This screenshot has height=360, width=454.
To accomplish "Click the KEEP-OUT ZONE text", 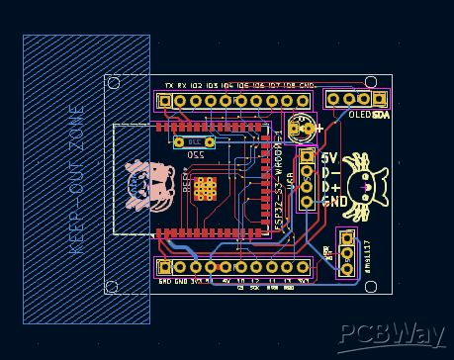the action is [x=75, y=179].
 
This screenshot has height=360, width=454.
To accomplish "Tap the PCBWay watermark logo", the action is [x=390, y=335].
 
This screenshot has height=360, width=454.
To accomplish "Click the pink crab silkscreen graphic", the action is [x=147, y=187].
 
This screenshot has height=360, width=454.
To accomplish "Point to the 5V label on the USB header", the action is [x=330, y=158].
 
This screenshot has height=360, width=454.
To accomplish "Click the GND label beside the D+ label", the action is [x=334, y=202].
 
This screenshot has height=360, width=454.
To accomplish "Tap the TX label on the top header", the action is [x=169, y=86].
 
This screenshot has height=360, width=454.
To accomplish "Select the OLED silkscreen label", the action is [x=360, y=115].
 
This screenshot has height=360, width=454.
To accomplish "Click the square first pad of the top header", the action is [x=165, y=100].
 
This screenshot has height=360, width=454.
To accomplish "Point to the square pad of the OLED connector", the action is [x=380, y=99].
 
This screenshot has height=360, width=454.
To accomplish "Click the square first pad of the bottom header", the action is [x=165, y=267].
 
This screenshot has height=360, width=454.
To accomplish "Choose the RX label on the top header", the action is [x=182, y=86].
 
